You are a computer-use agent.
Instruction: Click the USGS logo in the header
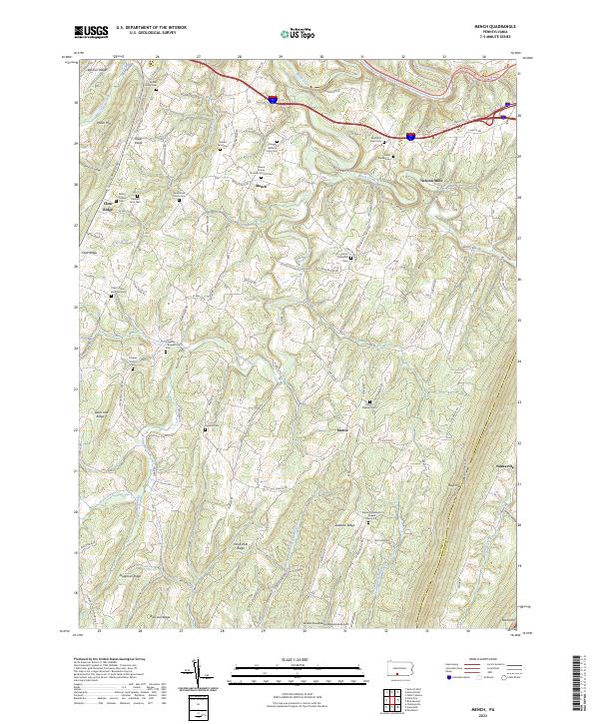point(93,32)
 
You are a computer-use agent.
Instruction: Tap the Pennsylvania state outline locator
point(397,665)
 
